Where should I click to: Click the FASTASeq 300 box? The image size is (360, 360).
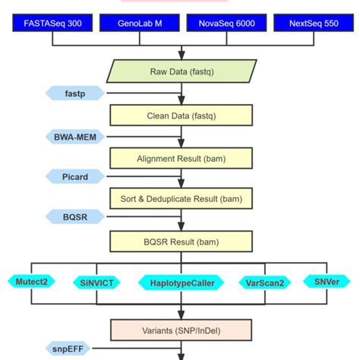coord(52,24)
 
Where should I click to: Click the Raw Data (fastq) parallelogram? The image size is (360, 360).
coord(181,71)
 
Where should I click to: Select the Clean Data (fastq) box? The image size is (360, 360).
coord(181,115)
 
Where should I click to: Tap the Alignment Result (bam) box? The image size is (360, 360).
coord(181,158)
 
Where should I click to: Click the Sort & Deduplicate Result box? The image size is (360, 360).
coord(181,199)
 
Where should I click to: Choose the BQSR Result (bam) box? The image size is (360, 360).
coord(181,242)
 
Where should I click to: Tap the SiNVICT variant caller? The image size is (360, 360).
coord(97,283)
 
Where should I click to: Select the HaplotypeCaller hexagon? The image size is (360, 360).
coord(181,283)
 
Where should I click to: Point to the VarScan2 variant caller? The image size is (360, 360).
coord(265,283)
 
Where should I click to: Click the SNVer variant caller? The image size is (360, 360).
coord(327,281)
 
